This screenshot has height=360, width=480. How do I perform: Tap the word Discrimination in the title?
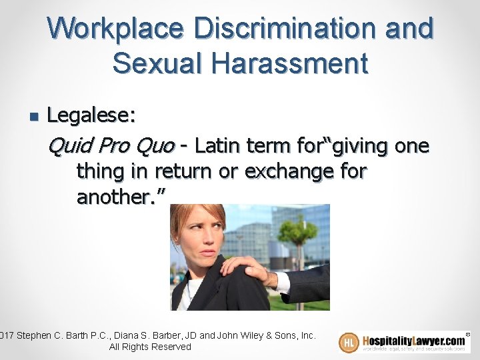point(287,29)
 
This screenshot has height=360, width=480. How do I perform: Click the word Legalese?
point(91,117)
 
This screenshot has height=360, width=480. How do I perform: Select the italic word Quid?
point(69,145)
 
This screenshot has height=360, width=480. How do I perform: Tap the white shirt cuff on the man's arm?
point(282,283)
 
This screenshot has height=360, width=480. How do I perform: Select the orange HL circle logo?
point(349,342)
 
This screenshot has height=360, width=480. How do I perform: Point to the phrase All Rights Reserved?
point(150,347)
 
